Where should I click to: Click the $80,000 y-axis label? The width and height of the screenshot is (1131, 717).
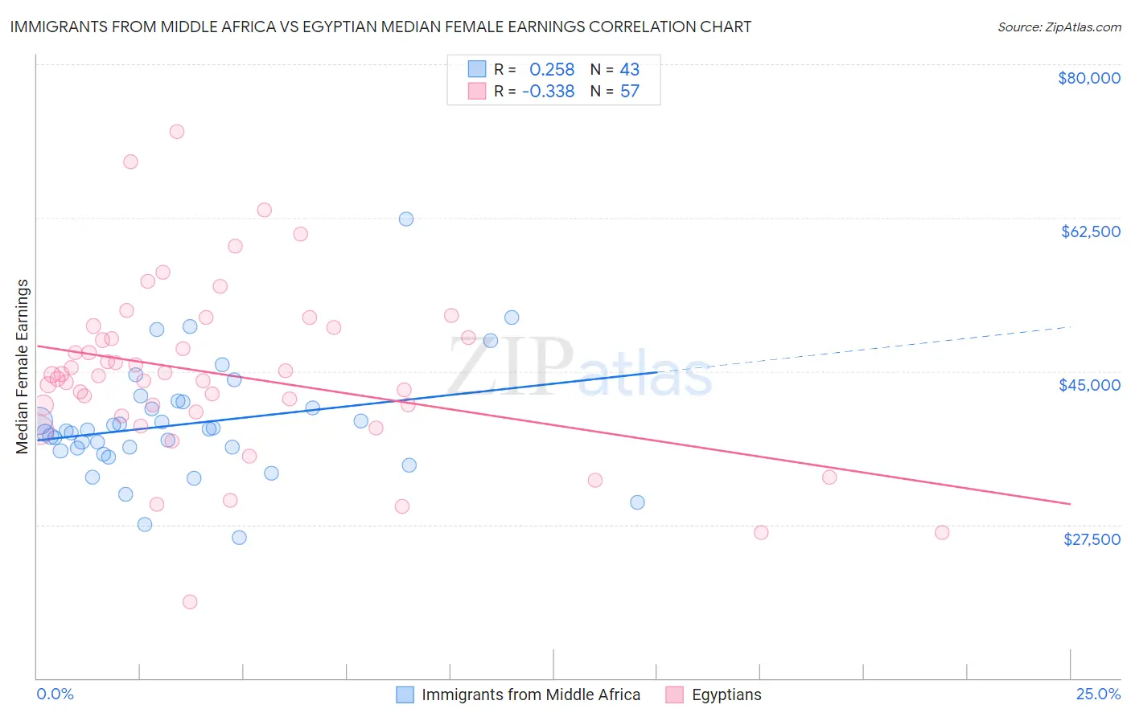click(1088, 78)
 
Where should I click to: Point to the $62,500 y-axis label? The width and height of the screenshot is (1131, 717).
click(1090, 231)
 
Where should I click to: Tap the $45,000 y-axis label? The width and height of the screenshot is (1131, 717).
click(1089, 385)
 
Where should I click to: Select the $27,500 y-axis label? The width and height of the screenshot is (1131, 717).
click(1092, 539)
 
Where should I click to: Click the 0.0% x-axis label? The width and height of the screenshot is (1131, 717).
click(55, 694)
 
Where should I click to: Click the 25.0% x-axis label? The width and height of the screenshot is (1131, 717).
click(1098, 694)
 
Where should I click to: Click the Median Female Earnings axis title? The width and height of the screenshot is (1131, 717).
click(23, 367)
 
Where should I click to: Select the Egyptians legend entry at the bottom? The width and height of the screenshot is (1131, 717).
click(726, 694)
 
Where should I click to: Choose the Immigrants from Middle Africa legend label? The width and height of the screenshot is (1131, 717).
click(530, 694)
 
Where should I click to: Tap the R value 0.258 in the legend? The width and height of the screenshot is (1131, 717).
click(552, 69)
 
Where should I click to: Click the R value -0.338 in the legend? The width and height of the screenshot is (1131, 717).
click(548, 91)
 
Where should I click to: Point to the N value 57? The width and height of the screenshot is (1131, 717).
click(629, 91)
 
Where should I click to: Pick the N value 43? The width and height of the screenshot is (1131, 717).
click(629, 69)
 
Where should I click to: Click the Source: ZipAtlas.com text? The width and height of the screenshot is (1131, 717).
click(1059, 27)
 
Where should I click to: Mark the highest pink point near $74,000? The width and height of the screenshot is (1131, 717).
click(177, 132)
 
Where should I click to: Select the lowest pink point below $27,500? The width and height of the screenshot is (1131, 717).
click(190, 602)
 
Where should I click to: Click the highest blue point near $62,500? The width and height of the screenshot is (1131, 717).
click(406, 219)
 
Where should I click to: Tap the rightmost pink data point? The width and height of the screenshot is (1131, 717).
click(942, 532)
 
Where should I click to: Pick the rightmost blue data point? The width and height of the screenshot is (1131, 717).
click(637, 502)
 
